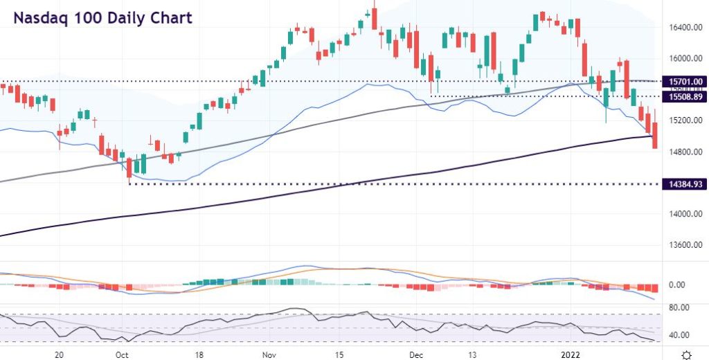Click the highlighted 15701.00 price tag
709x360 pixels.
tap(683, 81)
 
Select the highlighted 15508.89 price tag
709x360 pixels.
tap(683, 97)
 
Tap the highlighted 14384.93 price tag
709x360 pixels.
tap(683, 183)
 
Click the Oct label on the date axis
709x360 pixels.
tap(122, 353)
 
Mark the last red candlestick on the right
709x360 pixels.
tap(655, 134)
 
